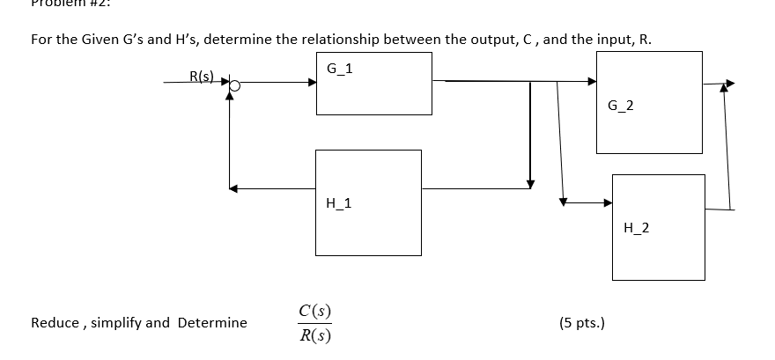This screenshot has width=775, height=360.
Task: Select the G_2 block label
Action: [x=620, y=107]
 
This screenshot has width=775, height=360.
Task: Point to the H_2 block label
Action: [x=636, y=228]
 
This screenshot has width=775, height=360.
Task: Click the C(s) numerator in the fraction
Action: [x=315, y=310]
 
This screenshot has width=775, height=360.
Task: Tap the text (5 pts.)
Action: [x=581, y=322]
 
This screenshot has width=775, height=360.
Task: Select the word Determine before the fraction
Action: [x=212, y=323]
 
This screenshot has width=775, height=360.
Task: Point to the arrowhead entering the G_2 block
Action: [x=592, y=81]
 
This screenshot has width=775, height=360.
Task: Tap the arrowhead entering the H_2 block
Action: [x=607, y=202]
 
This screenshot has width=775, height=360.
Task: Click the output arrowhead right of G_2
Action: [x=727, y=85]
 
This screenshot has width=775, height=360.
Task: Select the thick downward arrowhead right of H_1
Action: [x=529, y=183]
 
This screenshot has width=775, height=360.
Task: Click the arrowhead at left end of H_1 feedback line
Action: [x=232, y=187]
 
